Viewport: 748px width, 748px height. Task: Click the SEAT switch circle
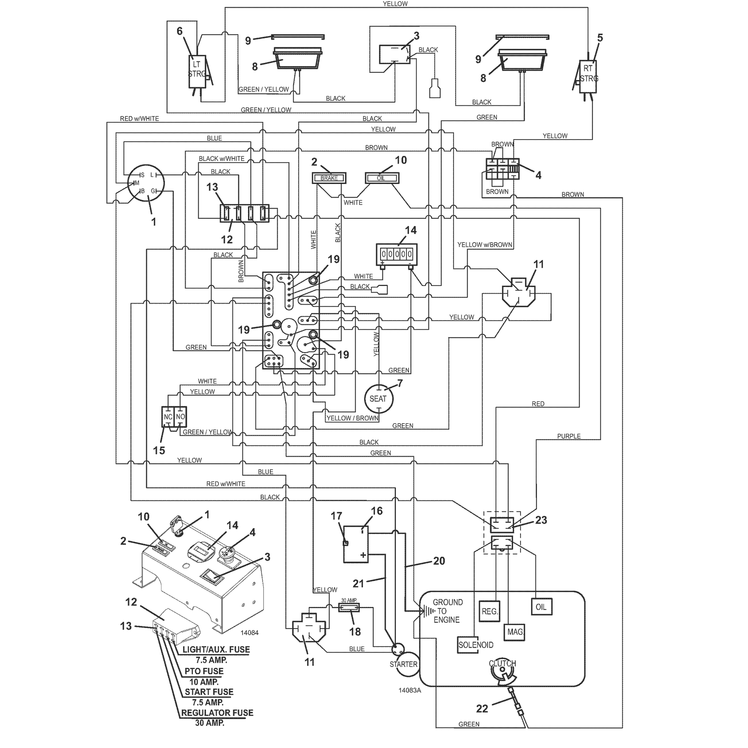click(378, 399)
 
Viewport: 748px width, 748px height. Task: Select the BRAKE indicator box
click(329, 178)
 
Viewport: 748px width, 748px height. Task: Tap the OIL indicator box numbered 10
click(382, 178)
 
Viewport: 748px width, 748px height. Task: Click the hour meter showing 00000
click(397, 254)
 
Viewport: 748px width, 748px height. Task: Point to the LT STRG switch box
click(197, 71)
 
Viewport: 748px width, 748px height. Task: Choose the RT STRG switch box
click(588, 76)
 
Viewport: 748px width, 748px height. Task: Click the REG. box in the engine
click(490, 611)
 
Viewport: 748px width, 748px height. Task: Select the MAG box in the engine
click(515, 632)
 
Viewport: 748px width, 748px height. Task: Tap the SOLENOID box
click(476, 645)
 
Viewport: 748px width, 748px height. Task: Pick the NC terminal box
click(168, 417)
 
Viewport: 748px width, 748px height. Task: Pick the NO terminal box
click(180, 417)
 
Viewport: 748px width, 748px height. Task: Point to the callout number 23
click(541, 520)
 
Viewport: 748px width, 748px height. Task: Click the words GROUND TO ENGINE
click(447, 611)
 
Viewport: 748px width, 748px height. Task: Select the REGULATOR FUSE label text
click(217, 713)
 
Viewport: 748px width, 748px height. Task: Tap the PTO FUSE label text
click(204, 671)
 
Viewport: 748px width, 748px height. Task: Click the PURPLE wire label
click(569, 436)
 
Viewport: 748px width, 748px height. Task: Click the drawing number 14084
click(249, 633)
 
